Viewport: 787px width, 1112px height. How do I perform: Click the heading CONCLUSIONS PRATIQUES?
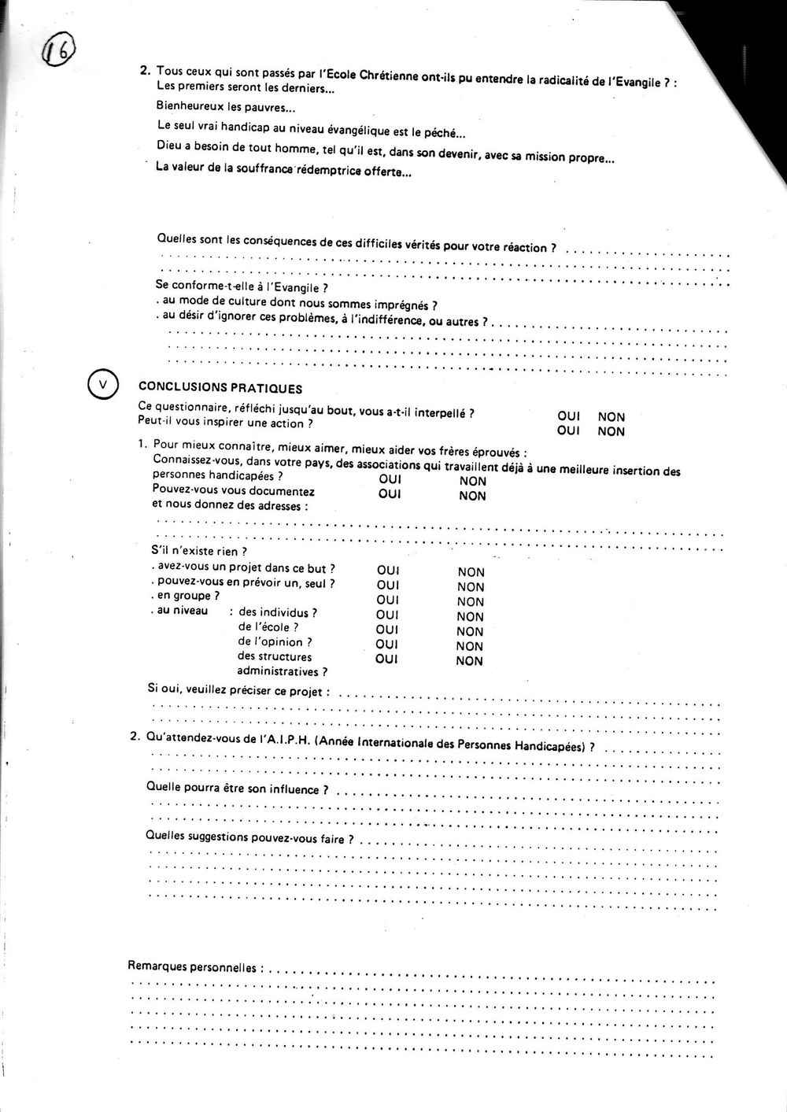(220, 387)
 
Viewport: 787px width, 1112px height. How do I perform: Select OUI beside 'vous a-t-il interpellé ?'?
(567, 416)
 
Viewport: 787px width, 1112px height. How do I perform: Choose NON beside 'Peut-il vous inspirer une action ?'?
(611, 431)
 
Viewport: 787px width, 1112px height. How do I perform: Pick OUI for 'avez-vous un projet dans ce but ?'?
(389, 571)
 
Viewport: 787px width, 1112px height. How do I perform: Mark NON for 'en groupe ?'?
(471, 602)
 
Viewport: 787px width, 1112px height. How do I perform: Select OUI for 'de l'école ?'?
(387, 630)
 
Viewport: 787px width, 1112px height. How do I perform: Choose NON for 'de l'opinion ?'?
(470, 646)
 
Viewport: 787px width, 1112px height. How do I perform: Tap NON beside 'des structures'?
(469, 661)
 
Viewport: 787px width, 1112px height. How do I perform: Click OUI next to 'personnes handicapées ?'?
(390, 479)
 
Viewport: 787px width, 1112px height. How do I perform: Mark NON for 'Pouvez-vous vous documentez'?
(472, 496)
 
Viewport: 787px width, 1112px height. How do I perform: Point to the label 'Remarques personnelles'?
(192, 966)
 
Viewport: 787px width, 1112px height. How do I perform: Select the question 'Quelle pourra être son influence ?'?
(233, 789)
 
